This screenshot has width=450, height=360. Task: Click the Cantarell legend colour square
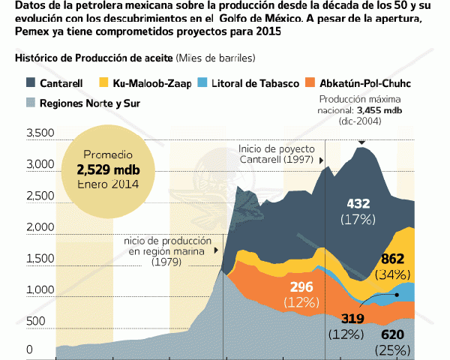tap(31, 82)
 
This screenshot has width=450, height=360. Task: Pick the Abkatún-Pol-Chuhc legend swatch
tap(310, 82)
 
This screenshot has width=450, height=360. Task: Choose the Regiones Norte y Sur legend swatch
tap(31, 103)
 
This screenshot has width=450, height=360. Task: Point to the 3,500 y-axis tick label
tap(40, 133)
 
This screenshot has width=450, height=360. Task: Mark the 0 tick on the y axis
tap(29, 349)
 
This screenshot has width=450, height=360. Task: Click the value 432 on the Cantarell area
tap(358, 204)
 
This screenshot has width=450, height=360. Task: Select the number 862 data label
tap(394, 259)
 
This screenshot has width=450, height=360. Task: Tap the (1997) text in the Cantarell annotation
tap(298, 160)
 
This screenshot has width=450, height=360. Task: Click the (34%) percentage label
tap(394, 274)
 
